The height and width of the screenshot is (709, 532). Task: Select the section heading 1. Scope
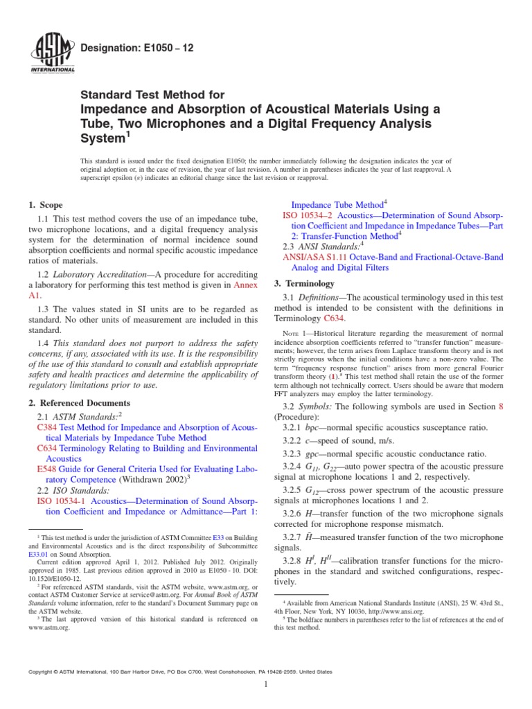click(45, 205)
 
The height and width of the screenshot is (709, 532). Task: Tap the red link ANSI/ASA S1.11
click(314, 257)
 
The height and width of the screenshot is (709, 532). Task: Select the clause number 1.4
click(43, 342)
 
